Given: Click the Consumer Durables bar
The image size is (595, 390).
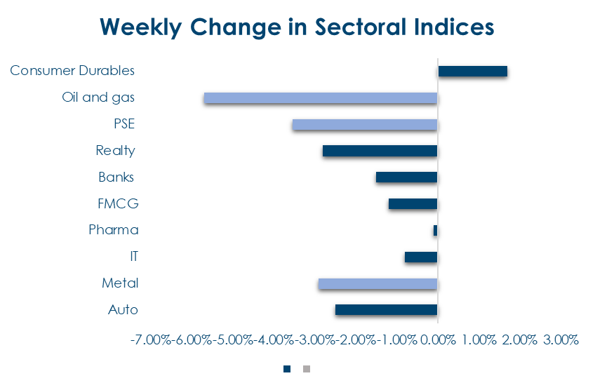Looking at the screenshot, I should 472,71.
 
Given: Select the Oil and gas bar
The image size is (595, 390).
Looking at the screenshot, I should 321,97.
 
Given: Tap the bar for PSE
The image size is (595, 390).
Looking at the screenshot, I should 365,124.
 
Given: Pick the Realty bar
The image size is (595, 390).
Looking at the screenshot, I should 380,151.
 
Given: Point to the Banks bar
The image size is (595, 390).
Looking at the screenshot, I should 406,177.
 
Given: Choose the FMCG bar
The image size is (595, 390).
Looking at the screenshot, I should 413,203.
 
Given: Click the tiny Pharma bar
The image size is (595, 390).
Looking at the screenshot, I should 435,230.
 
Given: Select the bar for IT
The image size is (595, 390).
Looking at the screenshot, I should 421,257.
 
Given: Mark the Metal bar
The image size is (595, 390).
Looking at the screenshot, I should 377,283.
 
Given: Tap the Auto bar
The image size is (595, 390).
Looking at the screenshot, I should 386,309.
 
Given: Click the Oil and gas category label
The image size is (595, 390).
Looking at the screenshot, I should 98,97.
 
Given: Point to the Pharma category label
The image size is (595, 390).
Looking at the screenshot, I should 114,230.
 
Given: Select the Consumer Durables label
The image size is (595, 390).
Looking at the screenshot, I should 72,71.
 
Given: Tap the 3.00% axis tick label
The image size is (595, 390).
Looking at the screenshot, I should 560,340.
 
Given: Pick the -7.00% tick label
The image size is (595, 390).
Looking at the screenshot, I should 150,340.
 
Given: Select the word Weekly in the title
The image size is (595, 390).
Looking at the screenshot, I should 146,27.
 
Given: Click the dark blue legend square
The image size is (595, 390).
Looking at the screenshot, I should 286,368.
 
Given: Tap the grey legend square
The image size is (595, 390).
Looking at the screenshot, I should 306,368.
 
